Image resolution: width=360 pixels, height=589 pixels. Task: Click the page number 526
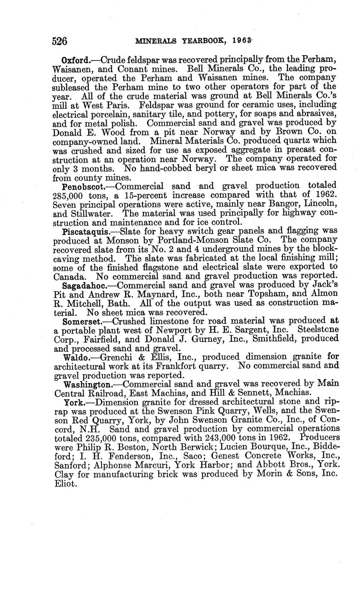pyautogui.click(x=60, y=41)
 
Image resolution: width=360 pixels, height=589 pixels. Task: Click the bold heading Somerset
pyautogui.click(x=79, y=321)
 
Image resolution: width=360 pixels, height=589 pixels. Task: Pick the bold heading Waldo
pyautogui.click(x=75, y=357)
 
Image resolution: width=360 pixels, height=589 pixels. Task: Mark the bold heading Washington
pyautogui.click(x=84, y=384)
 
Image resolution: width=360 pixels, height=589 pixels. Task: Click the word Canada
pyautogui.click(x=67, y=276)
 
